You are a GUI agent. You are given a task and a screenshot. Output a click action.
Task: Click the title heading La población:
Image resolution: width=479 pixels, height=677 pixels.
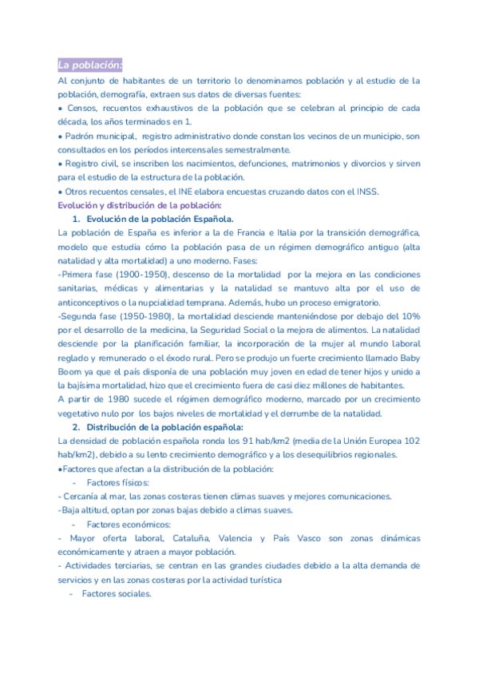point(89,65)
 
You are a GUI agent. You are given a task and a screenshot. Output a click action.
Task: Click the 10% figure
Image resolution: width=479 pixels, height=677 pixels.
point(410,315)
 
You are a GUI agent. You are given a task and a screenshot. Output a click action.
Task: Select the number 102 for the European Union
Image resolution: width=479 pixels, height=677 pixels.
point(412,441)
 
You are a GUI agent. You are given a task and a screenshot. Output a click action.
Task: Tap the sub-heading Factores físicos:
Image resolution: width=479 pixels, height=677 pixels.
point(117,482)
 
